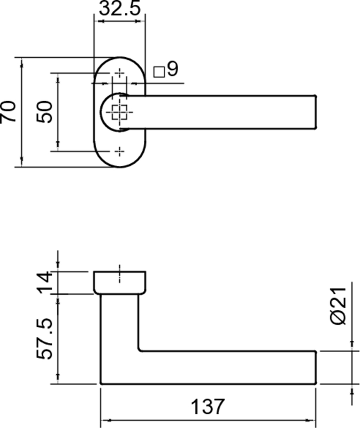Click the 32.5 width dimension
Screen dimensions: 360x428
click(x=119, y=8)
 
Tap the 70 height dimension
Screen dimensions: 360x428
click(x=7, y=112)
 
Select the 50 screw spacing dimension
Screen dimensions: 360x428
click(x=44, y=112)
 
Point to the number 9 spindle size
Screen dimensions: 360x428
click(x=173, y=69)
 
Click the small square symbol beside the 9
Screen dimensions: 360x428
click(x=159, y=72)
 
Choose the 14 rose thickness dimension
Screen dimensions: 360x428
click(x=44, y=282)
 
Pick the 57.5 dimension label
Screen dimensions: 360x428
click(x=44, y=339)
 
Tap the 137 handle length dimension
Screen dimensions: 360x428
click(x=208, y=407)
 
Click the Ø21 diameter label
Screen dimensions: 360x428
click(x=339, y=306)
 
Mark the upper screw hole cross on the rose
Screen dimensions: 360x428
click(x=119, y=73)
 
